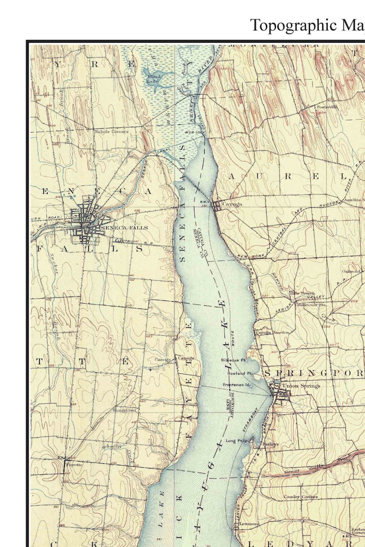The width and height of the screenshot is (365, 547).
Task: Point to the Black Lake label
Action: coord(152,78)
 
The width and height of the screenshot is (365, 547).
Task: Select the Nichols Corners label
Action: coord(111,131)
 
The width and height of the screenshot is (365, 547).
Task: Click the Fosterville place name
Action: coord(326,107)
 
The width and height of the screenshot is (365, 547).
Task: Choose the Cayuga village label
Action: coord(232,203)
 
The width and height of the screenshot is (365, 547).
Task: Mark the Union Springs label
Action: coord(301,386)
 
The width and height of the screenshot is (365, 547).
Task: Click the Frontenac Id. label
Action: coord(237,384)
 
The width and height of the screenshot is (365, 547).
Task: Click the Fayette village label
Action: coord(74,465)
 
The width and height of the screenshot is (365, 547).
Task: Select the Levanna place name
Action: coord(249,524)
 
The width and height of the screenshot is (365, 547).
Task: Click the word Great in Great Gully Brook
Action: coord(292,471)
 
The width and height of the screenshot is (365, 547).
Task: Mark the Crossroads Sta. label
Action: coord(311,305)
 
